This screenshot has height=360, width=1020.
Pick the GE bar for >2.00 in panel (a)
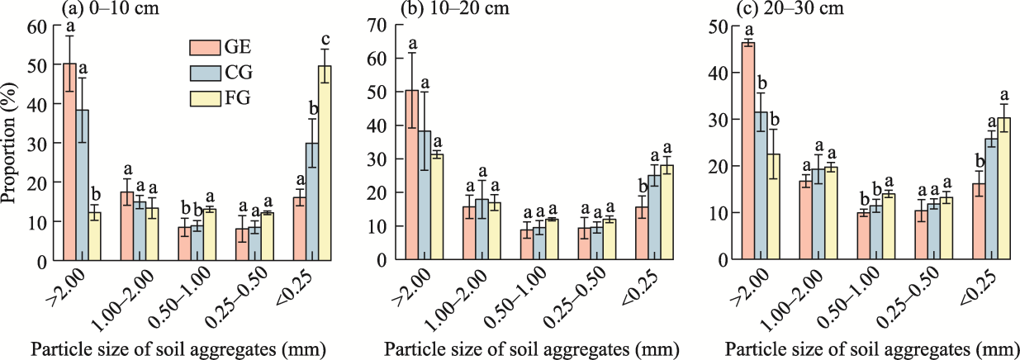click(x=69, y=162)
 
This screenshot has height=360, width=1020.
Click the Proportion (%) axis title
click(x=12, y=143)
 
